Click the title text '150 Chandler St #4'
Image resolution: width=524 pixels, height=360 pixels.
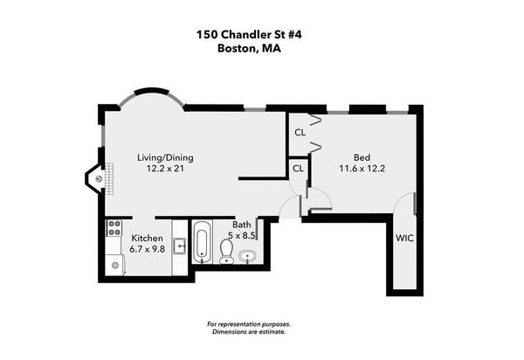click(x=261, y=36)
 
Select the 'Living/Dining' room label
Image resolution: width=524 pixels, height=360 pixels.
click(x=165, y=158)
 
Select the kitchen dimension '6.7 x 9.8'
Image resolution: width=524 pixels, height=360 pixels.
click(x=147, y=249)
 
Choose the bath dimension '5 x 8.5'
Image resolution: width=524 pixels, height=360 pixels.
click(x=241, y=236)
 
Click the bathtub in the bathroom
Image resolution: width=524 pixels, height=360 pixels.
click(x=202, y=244)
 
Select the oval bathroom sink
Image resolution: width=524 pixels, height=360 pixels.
click(x=247, y=257)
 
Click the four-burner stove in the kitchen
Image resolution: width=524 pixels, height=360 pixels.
click(x=113, y=229)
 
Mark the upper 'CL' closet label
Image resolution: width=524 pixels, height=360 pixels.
click(x=300, y=133)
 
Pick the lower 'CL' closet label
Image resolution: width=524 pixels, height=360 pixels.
click(x=298, y=168)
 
